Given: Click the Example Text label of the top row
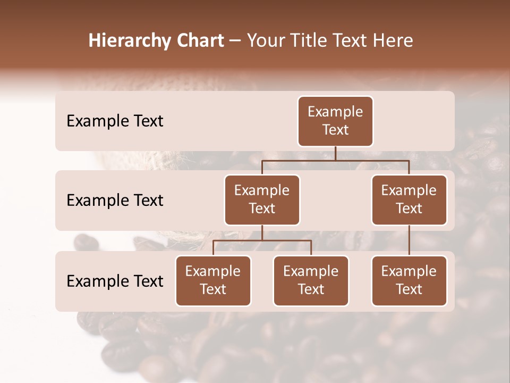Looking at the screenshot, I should click(x=115, y=121).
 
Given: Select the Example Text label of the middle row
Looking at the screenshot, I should click(x=115, y=201).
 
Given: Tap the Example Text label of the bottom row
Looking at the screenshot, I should click(x=115, y=281).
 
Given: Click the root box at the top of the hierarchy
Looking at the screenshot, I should click(x=335, y=121).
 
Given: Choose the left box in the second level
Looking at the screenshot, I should click(x=262, y=200).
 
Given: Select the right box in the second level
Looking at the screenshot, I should click(x=409, y=200).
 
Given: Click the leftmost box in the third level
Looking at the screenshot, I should click(x=213, y=281).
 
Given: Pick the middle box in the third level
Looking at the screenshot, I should click(x=311, y=281).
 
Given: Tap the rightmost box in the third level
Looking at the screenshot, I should click(x=409, y=281).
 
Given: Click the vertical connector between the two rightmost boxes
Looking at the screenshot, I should click(x=409, y=240).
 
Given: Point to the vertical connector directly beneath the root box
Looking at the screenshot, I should click(x=335, y=153).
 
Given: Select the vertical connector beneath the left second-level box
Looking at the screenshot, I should click(x=262, y=232).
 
